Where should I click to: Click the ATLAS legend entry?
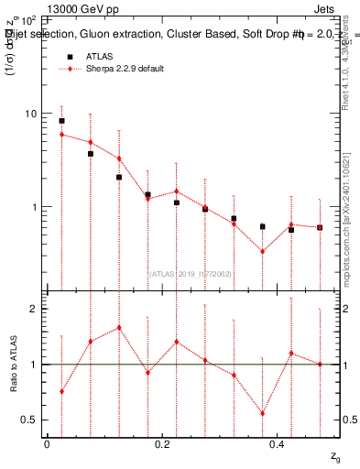(100, 57)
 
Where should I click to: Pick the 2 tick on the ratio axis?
(33, 309)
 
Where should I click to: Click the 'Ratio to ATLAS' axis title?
(12, 364)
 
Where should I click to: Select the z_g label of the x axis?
(335, 456)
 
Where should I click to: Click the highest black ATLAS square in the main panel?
(61, 121)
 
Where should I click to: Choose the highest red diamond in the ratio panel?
(119, 327)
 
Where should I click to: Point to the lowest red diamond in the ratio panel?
(262, 413)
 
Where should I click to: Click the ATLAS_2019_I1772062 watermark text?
(191, 272)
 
